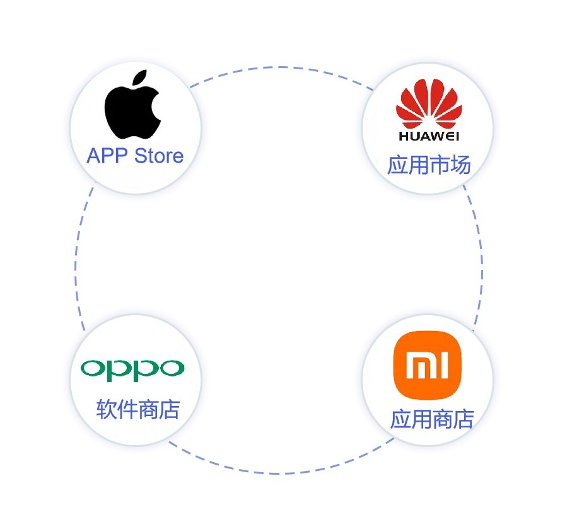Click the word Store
point(159,156)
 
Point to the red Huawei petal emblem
point(428,105)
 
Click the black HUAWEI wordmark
point(429,136)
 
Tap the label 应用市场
point(429,166)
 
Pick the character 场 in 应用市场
point(461,166)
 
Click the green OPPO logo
point(133,368)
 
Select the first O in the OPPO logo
point(93,368)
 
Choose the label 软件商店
point(138,410)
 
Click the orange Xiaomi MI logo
point(427,364)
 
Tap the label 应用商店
point(432,419)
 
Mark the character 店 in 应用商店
point(464,419)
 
